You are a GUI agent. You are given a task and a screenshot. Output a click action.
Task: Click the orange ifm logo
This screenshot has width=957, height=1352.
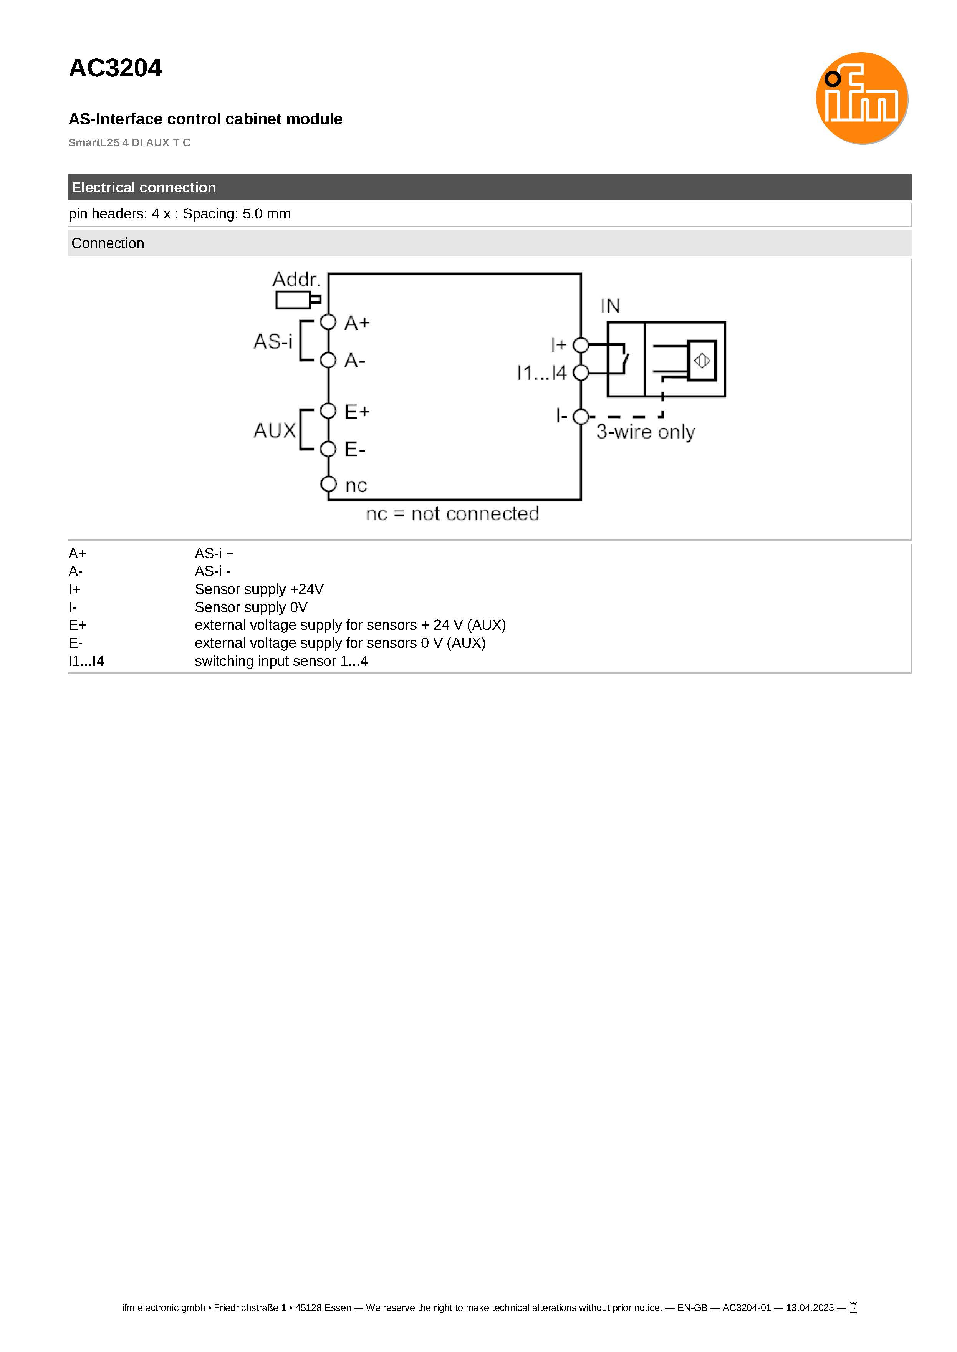coord(861,98)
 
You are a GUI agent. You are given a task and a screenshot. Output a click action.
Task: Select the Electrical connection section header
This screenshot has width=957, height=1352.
coord(143,187)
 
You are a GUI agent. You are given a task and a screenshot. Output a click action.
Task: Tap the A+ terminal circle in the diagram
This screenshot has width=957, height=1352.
coord(328,322)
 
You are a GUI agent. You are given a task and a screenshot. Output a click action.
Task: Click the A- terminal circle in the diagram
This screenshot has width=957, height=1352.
coord(328,359)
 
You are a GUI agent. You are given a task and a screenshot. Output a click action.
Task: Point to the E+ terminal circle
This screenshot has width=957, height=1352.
coord(328,410)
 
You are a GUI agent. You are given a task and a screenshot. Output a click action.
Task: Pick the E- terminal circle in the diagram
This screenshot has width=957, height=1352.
coord(328,449)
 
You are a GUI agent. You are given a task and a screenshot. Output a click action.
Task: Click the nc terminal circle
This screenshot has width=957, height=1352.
coord(328,484)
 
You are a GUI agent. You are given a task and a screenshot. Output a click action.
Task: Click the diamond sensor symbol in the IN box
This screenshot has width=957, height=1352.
coord(702,361)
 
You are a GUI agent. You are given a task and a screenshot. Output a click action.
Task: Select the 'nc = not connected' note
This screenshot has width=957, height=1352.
coord(452,514)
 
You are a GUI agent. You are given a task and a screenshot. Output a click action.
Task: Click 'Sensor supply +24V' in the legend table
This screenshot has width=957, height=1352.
coord(259,589)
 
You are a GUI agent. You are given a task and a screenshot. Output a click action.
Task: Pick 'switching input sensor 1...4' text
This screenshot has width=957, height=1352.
coord(281,661)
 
